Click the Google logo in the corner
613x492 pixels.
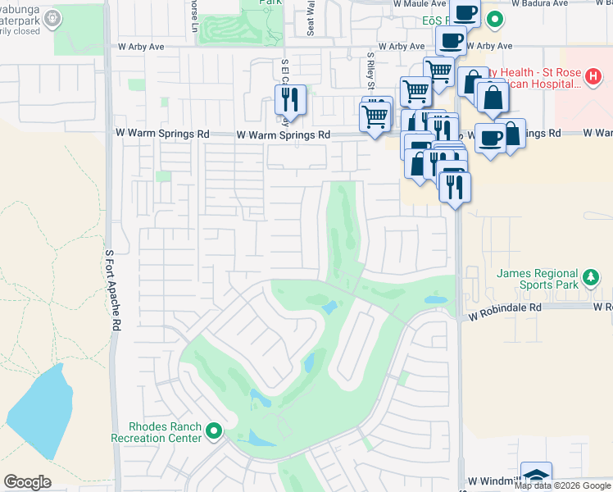point(27,482)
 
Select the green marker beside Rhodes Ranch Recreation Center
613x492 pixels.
point(215,430)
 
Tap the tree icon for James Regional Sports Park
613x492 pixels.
point(592,279)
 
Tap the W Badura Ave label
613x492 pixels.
point(544,3)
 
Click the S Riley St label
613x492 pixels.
point(371,72)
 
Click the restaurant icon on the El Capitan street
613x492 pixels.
point(290,100)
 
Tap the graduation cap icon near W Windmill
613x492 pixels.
point(536,476)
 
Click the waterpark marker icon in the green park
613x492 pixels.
point(53,17)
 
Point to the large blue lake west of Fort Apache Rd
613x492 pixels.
point(40,414)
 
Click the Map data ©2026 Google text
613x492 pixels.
point(563,485)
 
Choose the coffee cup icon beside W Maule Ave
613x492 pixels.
point(465,12)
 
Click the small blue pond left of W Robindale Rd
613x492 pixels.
point(435,300)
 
